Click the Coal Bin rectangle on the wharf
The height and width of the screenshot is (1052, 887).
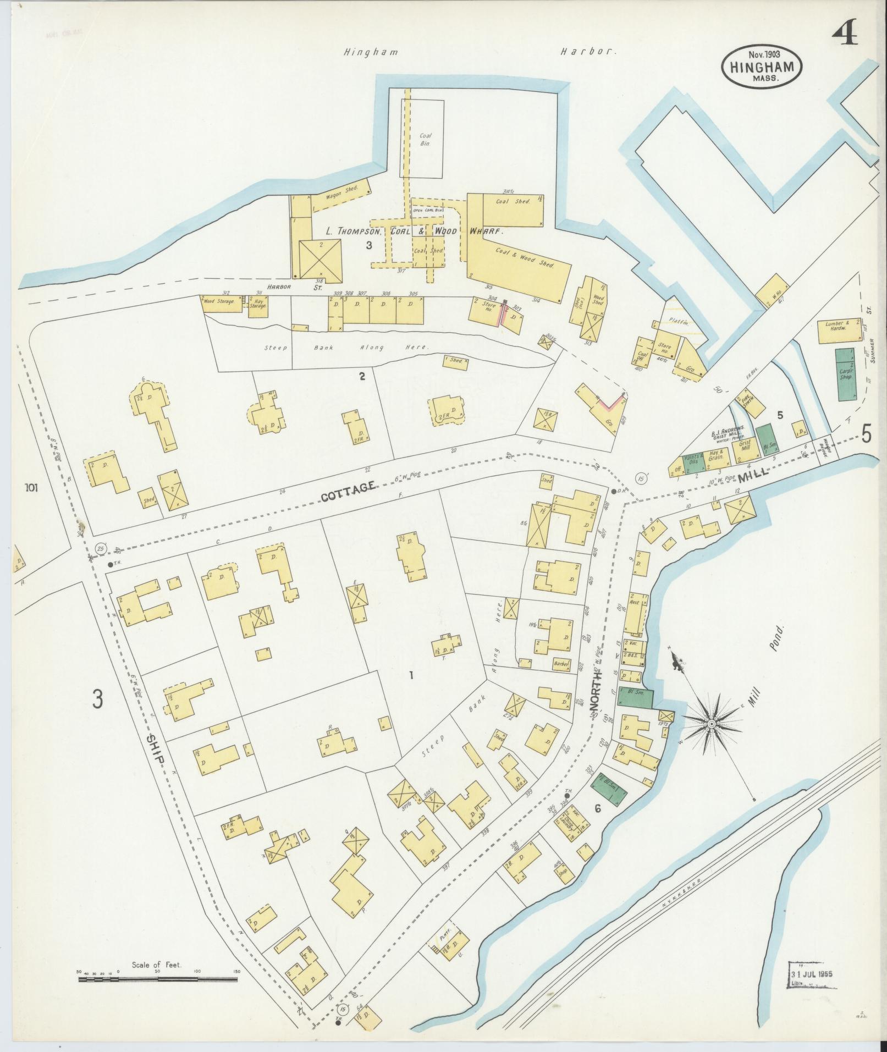pos(425,139)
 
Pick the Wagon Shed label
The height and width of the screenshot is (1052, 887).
pos(342,191)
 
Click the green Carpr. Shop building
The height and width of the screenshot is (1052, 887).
pos(845,374)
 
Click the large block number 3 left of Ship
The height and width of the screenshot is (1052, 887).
pos(98,699)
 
